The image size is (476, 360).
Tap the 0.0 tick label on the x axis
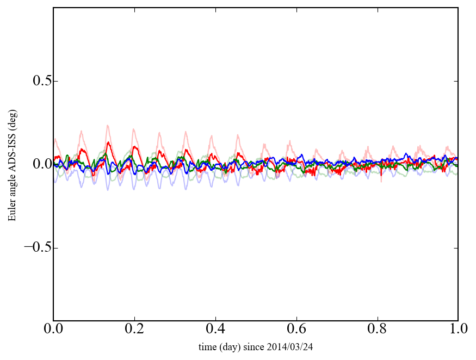pyautogui.click(x=53, y=329)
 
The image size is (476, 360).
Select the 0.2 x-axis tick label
pyautogui.click(x=134, y=329)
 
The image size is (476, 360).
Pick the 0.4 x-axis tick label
pyautogui.click(x=215, y=329)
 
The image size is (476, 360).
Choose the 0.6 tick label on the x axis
pyautogui.click(x=296, y=329)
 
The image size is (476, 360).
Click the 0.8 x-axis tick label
pyautogui.click(x=377, y=329)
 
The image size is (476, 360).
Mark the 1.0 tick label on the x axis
pyautogui.click(x=458, y=329)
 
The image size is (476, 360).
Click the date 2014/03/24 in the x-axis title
pyautogui.click(x=299, y=346)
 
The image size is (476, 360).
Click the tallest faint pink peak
pyautogui.click(x=108, y=125)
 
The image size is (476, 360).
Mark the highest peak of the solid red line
pyautogui.click(x=109, y=142)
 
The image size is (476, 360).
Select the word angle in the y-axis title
pyautogui.click(x=11, y=181)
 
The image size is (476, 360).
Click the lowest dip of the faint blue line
pyautogui.click(x=108, y=190)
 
